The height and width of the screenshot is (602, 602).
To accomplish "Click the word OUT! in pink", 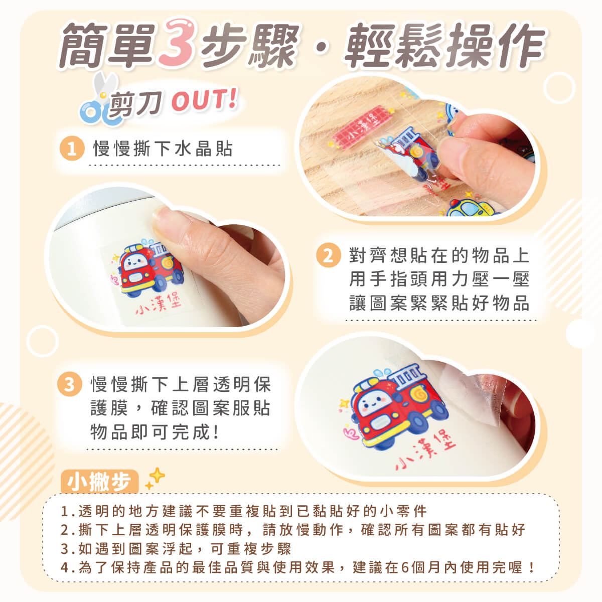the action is pyautogui.click(x=205, y=100).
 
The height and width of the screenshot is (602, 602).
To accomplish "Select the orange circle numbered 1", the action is pyautogui.click(x=72, y=148).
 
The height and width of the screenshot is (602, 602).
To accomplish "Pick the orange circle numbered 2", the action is pyautogui.click(x=329, y=255).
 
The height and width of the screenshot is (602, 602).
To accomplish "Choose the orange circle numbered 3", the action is pyautogui.click(x=70, y=384).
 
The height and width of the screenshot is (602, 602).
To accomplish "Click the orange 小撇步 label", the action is pyautogui.click(x=99, y=482).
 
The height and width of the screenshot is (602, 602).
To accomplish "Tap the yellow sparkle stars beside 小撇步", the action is pyautogui.click(x=155, y=479).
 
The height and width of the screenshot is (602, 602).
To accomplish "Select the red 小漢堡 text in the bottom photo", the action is pyautogui.click(x=425, y=450).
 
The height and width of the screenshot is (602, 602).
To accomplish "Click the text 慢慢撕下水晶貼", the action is pyautogui.click(x=163, y=148).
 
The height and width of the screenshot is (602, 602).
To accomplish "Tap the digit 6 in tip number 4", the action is pyautogui.click(x=405, y=567).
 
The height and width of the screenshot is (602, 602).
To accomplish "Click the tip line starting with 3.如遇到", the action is pyautogui.click(x=176, y=549).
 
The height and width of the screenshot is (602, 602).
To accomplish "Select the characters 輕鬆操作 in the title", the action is pyautogui.click(x=445, y=45).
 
